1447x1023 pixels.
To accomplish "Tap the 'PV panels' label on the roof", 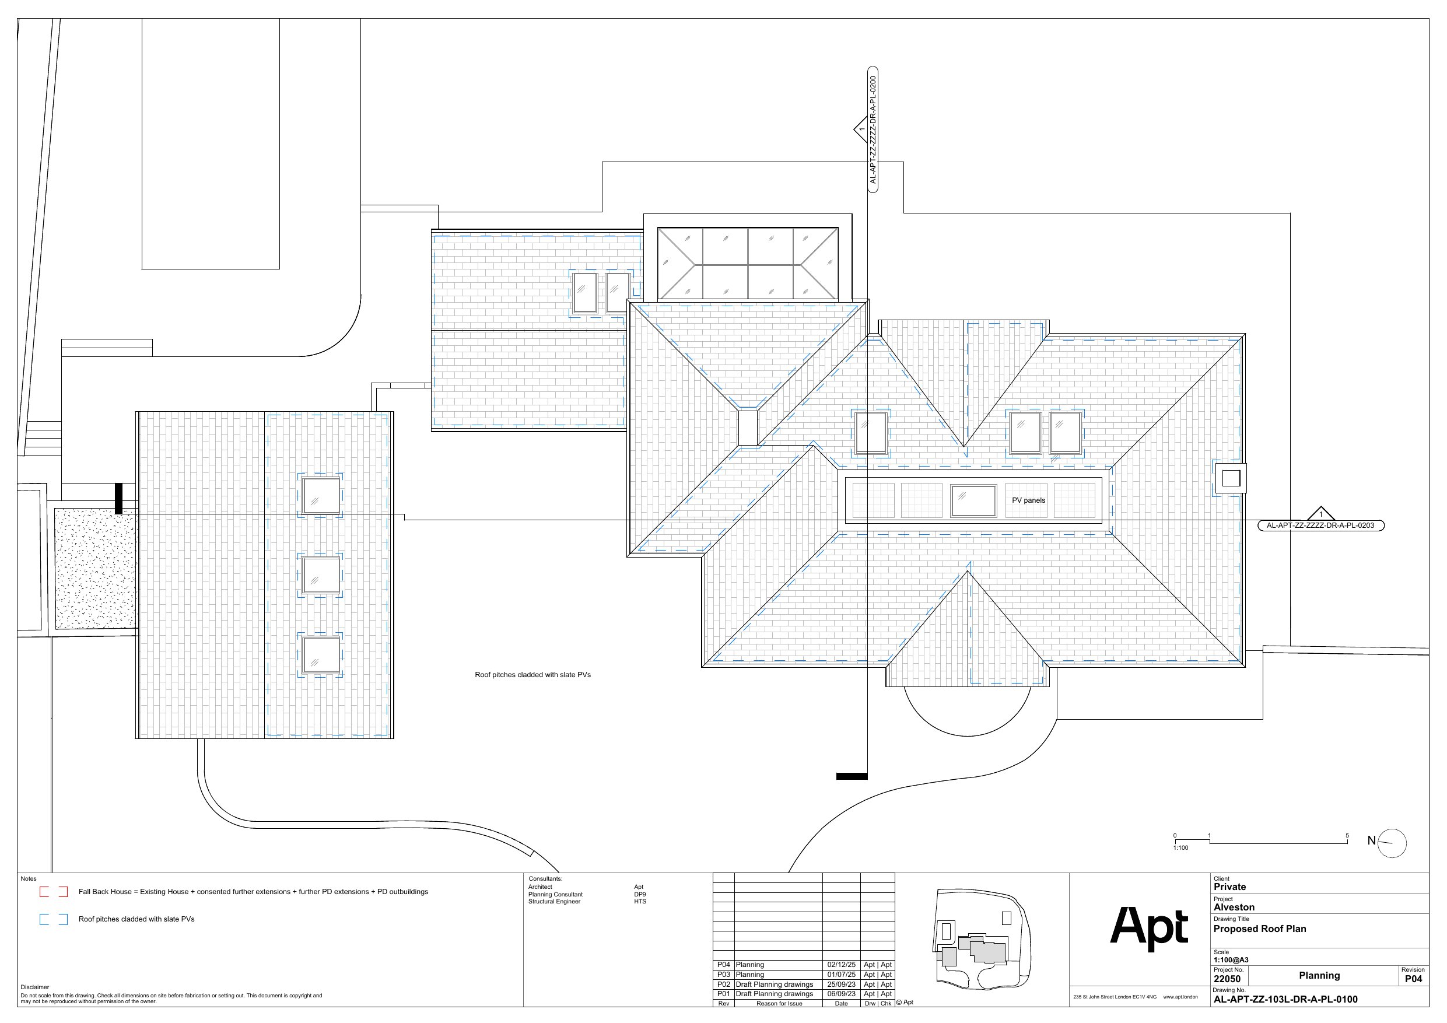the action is click(1028, 500).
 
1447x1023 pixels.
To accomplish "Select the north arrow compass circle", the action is click(1392, 843).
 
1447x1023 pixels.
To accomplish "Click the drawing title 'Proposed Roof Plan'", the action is click(1260, 929).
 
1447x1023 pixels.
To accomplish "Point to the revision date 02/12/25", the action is click(842, 964).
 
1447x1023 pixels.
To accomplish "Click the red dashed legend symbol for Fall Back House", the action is click(54, 892).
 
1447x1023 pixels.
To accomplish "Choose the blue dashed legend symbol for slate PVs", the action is click(54, 920).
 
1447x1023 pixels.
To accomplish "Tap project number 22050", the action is click(1227, 979).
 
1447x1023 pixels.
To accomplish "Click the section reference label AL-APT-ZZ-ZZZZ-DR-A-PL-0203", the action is click(1320, 525).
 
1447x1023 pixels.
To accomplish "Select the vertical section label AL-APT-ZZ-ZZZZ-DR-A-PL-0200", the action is click(873, 129).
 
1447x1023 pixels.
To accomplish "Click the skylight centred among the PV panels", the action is click(973, 500).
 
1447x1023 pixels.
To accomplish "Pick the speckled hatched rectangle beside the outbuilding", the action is click(95, 569).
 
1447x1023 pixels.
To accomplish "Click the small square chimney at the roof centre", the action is click(748, 428).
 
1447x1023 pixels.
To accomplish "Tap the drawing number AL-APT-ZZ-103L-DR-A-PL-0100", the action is click(1285, 999).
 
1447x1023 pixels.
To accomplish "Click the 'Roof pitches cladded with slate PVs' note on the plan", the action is click(532, 674).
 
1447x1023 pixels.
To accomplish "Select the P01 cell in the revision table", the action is click(723, 994).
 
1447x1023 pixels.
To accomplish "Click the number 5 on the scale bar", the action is click(1347, 836).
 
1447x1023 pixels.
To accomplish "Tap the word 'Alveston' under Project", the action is click(1234, 907).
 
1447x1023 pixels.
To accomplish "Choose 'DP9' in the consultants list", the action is click(640, 895).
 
